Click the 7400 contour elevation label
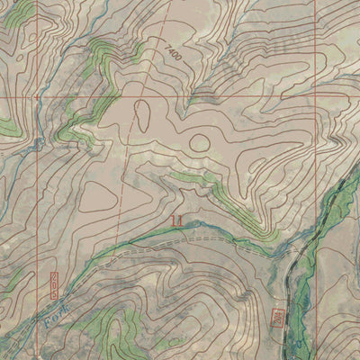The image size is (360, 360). (x=173, y=54)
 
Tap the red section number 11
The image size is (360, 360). (x=175, y=219)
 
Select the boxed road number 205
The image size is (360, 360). (x=54, y=283)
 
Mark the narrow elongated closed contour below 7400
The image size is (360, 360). (x=142, y=112)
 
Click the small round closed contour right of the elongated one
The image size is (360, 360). (x=199, y=141)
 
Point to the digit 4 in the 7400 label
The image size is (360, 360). (x=170, y=51)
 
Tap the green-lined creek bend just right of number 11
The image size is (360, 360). (x=202, y=224)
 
